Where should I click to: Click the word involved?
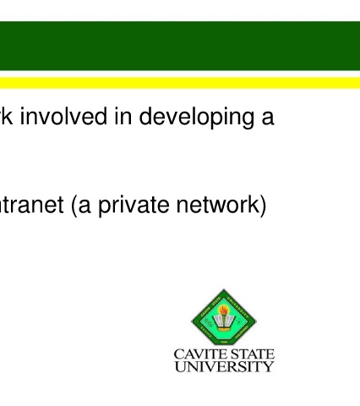(x=63, y=116)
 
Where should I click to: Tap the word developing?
(x=197, y=118)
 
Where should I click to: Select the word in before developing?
(x=123, y=116)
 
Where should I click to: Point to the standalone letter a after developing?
(x=268, y=119)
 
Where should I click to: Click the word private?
(x=134, y=206)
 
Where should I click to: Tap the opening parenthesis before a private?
(x=74, y=206)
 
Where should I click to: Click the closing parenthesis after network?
(x=263, y=206)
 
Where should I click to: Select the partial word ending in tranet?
(x=31, y=204)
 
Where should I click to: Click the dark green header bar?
(x=180, y=46)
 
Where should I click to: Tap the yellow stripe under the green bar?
(x=180, y=83)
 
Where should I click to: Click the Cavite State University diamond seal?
(x=224, y=317)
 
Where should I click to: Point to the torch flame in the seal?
(x=224, y=310)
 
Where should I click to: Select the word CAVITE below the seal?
(x=195, y=354)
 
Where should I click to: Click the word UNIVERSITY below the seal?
(x=224, y=366)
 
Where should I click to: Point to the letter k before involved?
(x=8, y=116)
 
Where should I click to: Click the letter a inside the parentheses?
(x=85, y=206)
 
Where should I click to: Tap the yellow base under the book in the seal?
(x=224, y=329)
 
